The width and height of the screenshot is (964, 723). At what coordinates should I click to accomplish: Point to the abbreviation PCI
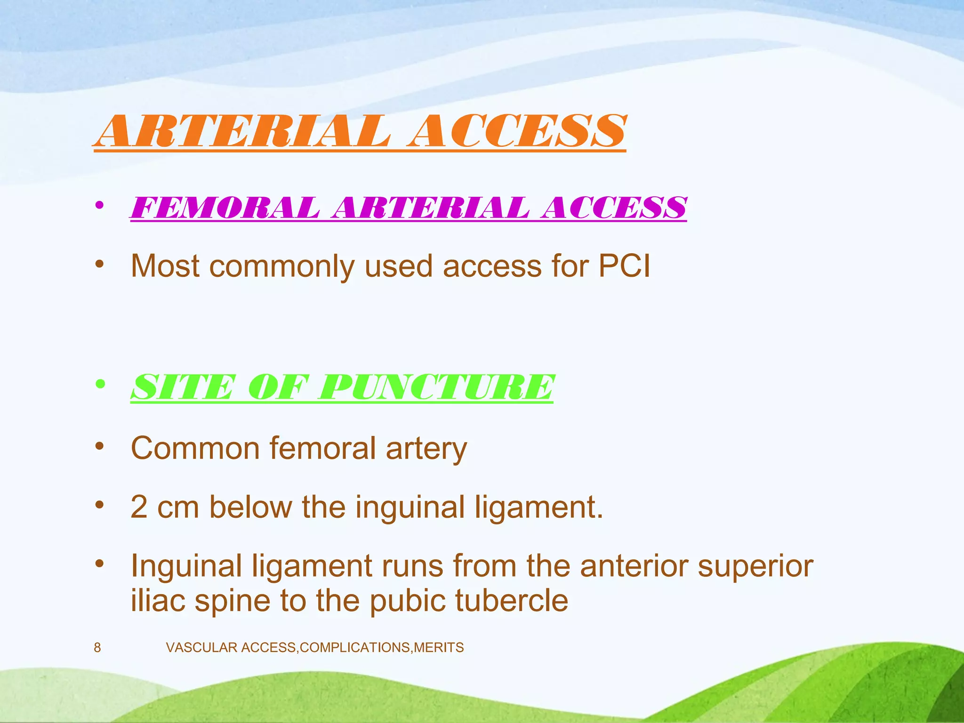624,266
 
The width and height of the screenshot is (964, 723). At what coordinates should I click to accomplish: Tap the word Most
165,266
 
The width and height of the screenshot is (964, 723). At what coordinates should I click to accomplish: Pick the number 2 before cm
139,507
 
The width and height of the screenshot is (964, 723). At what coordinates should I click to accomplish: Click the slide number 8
97,648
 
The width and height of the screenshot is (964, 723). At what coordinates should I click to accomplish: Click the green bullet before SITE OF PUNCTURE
99,385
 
